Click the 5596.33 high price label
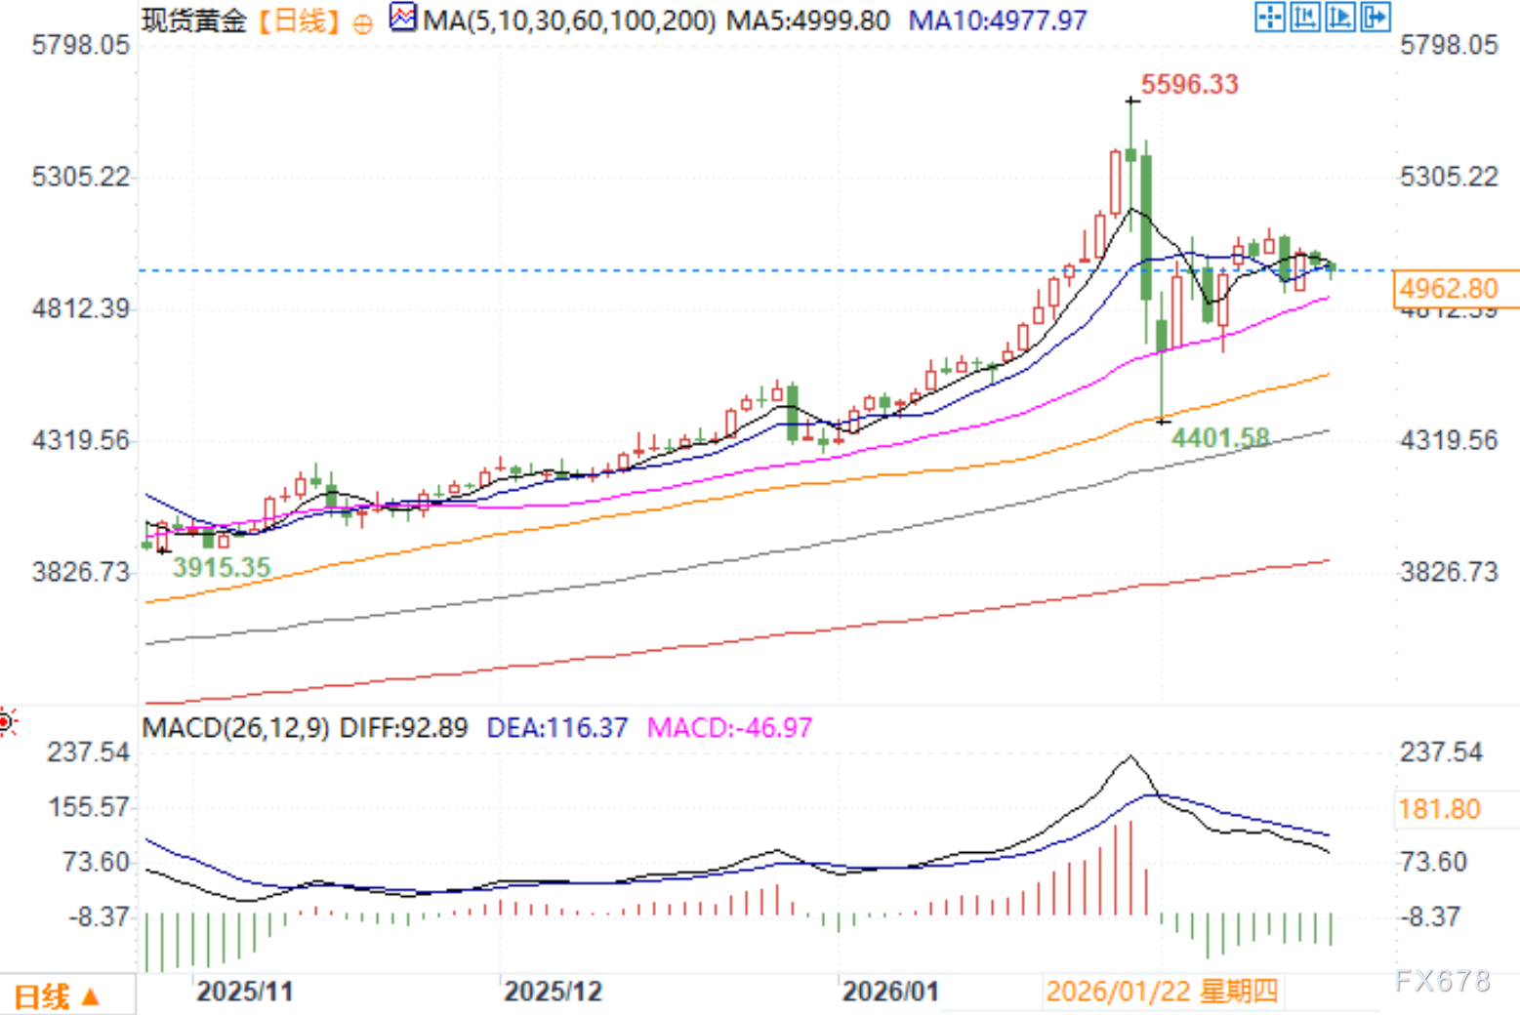tap(1189, 84)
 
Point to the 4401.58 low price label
tap(1220, 438)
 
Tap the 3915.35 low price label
tap(221, 567)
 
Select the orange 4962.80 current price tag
tap(1448, 289)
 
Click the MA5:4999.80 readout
tap(808, 20)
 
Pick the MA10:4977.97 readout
tap(997, 20)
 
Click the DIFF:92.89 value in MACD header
tap(403, 728)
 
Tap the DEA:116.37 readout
tap(556, 728)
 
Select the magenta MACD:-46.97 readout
tap(729, 728)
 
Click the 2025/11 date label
tap(244, 992)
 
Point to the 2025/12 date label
tap(553, 992)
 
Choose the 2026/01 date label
tap(890, 992)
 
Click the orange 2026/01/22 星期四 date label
tap(1162, 992)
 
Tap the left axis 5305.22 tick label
tap(80, 177)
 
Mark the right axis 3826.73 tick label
tap(1449, 572)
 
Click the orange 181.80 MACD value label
tap(1439, 809)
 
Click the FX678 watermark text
tap(1442, 981)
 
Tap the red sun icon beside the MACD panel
tap(7, 722)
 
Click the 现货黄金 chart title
tap(193, 20)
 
